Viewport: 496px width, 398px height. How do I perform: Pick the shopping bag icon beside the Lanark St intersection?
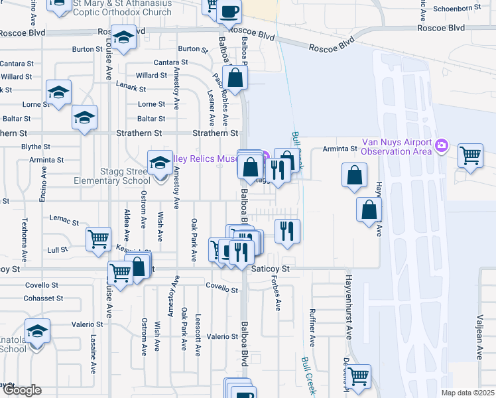tap(235, 78)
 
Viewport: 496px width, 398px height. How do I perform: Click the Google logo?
tap(21, 390)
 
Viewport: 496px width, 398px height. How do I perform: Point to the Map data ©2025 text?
tap(467, 393)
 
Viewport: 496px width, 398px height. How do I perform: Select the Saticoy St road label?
tap(271, 269)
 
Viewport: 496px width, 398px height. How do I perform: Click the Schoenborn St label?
tap(456, 8)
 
